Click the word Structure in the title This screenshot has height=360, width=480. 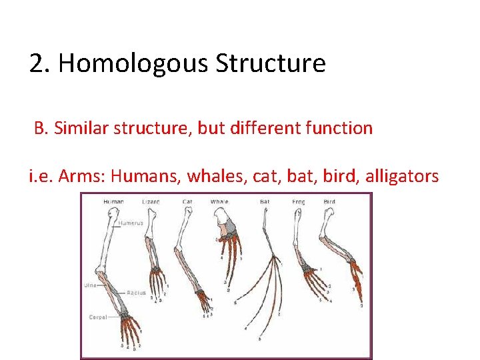270,64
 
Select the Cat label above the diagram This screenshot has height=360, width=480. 187,201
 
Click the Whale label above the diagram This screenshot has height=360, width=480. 219,201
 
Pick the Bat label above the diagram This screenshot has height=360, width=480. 265,201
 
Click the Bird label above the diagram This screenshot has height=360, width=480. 329,201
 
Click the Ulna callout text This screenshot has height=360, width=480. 90,285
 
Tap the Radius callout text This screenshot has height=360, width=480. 136,292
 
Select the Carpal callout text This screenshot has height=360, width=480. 98,317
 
